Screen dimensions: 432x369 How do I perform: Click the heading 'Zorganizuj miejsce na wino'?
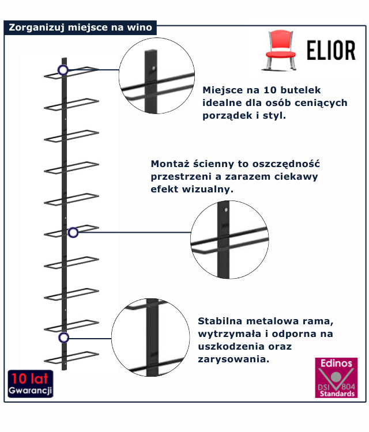pos(81,27)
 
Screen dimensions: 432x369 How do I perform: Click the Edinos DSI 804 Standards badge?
pos(336,377)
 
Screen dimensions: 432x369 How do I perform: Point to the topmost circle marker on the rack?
pos(63,70)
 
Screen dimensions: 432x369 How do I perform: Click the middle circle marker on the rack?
pos(73,232)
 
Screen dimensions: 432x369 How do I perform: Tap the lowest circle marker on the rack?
pos(63,338)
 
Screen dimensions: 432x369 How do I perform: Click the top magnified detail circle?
pos(156,78)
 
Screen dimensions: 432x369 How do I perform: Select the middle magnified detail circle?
pos(229,239)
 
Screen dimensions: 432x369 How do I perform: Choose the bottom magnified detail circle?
pos(150,338)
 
